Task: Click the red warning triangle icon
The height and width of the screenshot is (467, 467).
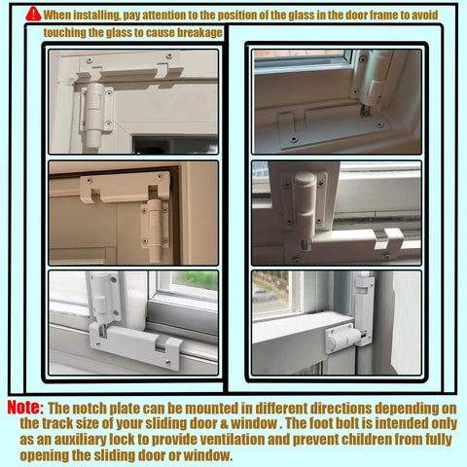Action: pyautogui.click(x=34, y=15)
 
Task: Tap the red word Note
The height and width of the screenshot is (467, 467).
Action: pyautogui.click(x=23, y=408)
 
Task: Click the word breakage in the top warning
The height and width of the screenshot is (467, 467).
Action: pyautogui.click(x=195, y=32)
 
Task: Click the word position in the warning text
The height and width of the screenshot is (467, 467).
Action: pyautogui.click(x=233, y=16)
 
